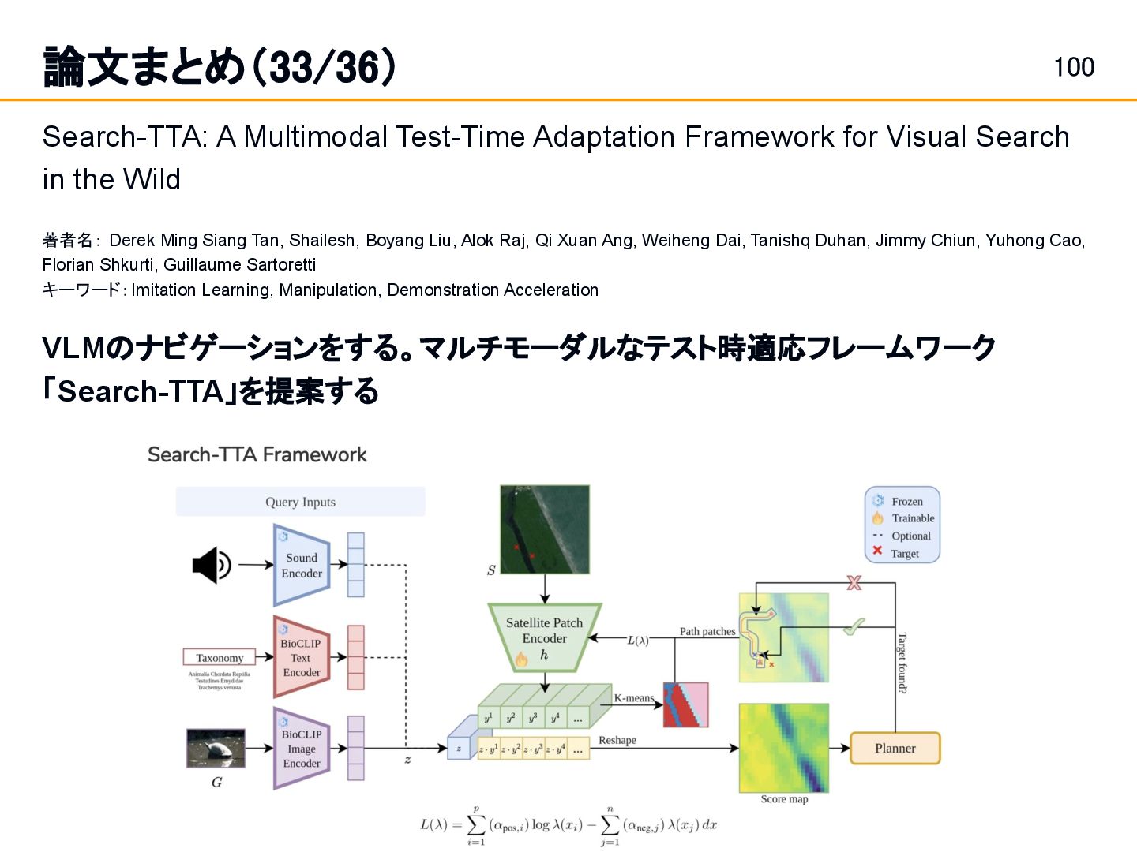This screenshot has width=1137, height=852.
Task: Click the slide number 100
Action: [1074, 67]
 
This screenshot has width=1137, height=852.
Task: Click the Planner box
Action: [895, 748]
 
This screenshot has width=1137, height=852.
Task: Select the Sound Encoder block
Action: [301, 566]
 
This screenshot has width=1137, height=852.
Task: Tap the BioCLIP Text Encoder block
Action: [301, 658]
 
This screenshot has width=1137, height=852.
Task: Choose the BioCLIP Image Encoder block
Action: [301, 749]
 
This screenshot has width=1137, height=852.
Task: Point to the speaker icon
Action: [211, 565]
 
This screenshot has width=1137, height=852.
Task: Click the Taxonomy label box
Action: [220, 657]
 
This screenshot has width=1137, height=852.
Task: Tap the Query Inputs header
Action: [300, 502]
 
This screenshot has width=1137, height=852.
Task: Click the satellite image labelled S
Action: [544, 529]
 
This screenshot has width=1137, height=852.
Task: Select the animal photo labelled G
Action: [216, 748]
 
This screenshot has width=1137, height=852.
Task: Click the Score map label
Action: [784, 799]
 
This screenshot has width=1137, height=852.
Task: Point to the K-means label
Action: [633, 698]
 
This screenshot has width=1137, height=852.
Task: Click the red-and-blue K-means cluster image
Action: [685, 704]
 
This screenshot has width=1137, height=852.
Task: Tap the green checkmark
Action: [854, 627]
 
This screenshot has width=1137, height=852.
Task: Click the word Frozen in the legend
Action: [907, 502]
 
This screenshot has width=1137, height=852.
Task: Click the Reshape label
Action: [617, 740]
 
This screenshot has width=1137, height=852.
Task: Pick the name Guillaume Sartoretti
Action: [239, 264]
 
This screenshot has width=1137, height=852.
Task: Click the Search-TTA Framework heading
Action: [257, 454]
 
